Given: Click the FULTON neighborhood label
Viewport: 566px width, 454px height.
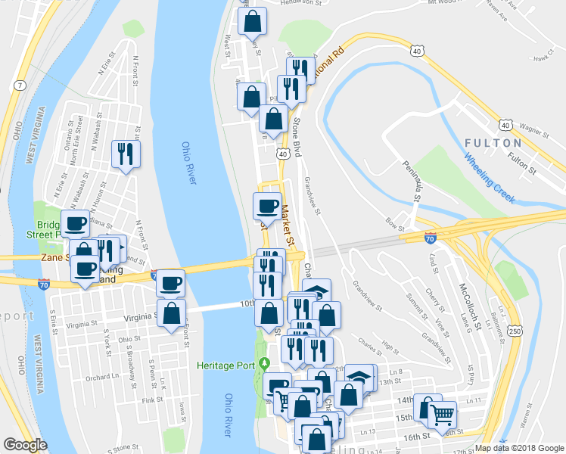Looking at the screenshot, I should (493, 143).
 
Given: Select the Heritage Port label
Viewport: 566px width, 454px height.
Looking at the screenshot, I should (225, 365).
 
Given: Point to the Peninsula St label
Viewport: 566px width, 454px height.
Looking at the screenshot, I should (411, 182).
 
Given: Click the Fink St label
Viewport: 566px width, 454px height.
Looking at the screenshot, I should (152, 400).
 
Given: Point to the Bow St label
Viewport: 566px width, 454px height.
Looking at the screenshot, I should (396, 224).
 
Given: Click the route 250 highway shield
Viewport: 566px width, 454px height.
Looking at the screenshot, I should (515, 331).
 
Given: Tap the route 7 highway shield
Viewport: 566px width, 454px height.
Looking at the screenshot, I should (18, 84).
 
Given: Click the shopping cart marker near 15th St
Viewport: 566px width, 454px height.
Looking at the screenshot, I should (441, 413).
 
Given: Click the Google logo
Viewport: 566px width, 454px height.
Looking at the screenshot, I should (25, 445).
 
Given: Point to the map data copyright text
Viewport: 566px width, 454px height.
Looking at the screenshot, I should (519, 448).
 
